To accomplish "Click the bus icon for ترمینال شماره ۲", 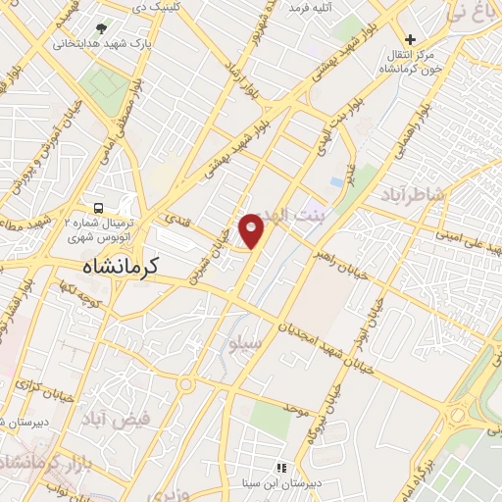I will tap(98, 207).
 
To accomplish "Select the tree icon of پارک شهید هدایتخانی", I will tap(104, 28).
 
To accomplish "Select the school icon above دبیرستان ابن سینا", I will tap(281, 468).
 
